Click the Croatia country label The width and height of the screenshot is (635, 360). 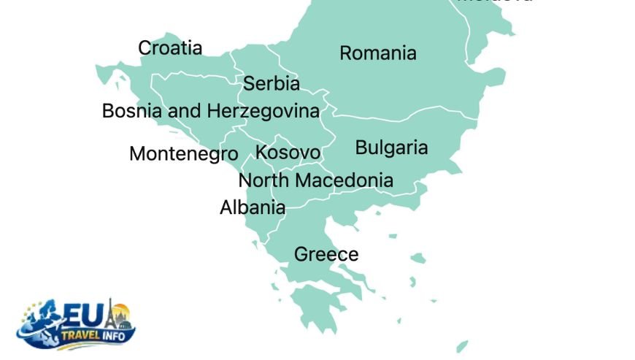click(x=170, y=48)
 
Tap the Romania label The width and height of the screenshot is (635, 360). click(x=378, y=53)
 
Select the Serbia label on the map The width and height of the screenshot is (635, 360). click(x=271, y=84)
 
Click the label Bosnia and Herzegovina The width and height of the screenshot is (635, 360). click(x=210, y=112)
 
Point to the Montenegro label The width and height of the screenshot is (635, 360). click(x=183, y=154)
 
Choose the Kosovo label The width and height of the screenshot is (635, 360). click(x=288, y=153)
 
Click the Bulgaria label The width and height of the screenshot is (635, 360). click(x=391, y=148)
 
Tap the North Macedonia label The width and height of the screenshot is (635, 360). click(x=315, y=180)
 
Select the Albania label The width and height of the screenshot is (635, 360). click(x=253, y=207)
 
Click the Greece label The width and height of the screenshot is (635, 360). click(x=326, y=254)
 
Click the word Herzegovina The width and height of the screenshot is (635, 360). click(x=263, y=112)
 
